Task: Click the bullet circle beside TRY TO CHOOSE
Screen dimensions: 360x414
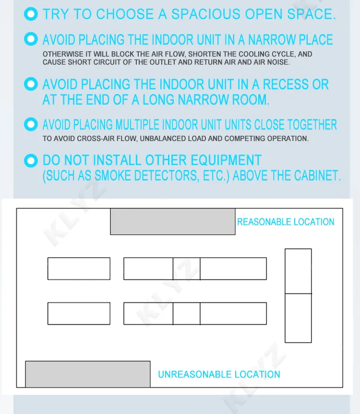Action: click(31, 14)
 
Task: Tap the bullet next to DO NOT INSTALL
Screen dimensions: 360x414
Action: click(31, 161)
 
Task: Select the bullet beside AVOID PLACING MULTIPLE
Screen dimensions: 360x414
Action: click(31, 124)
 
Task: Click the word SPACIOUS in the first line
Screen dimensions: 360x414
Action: click(206, 14)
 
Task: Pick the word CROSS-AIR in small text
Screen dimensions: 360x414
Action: click(94, 139)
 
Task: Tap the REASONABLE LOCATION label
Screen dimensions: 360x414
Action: click(286, 222)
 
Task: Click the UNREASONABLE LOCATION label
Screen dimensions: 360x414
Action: click(219, 374)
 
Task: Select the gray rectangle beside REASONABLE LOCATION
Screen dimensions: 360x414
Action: click(173, 221)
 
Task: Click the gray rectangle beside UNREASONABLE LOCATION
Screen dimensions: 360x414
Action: click(88, 374)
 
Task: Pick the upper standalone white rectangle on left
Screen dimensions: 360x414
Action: click(79, 269)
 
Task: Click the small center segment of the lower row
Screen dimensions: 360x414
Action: click(186, 313)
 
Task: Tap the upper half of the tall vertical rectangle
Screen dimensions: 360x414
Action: click(298, 271)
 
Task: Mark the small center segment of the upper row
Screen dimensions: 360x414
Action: click(186, 269)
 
